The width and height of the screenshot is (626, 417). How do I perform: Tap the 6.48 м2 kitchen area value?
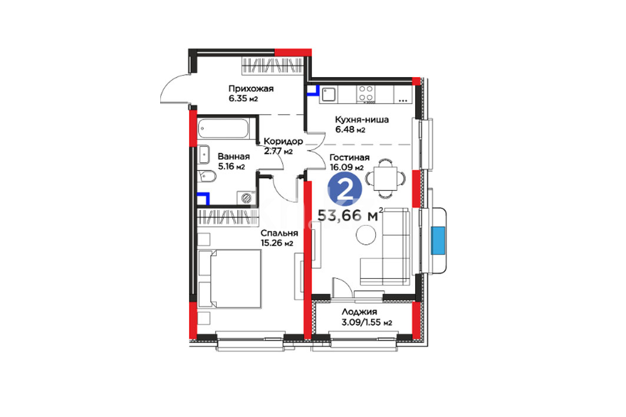point(350,129)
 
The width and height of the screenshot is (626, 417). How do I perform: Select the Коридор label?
point(283,142)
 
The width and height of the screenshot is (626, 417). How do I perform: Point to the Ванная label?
point(234,156)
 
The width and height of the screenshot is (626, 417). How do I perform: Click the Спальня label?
point(279,233)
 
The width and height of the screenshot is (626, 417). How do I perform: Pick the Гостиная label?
point(349,158)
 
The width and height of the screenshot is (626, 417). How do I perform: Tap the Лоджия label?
point(359,312)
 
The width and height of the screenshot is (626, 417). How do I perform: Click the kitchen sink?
point(329,95)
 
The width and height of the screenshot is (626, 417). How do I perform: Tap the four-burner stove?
point(366,94)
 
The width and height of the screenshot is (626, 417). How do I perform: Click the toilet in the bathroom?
point(207,176)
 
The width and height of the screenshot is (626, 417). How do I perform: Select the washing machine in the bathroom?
point(246,198)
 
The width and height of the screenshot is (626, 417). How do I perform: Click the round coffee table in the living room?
point(366,235)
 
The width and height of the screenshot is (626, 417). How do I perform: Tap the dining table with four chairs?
point(385,179)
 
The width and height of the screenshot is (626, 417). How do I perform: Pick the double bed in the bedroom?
point(229,279)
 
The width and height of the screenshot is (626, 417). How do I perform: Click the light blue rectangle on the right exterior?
point(438,241)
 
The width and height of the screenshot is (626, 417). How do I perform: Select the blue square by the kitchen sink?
point(313,91)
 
